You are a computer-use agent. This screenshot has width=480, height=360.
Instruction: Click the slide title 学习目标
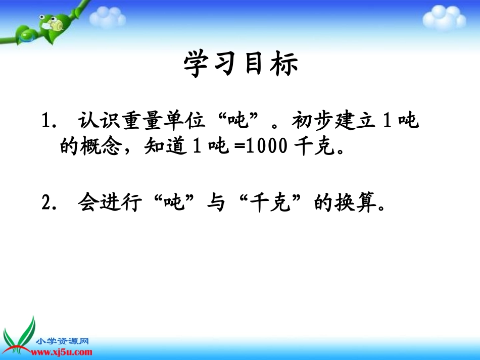pos(241,65)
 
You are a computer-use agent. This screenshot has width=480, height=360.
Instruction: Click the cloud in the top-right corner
pos(444,17)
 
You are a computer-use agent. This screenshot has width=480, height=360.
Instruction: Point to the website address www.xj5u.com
pos(64,352)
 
